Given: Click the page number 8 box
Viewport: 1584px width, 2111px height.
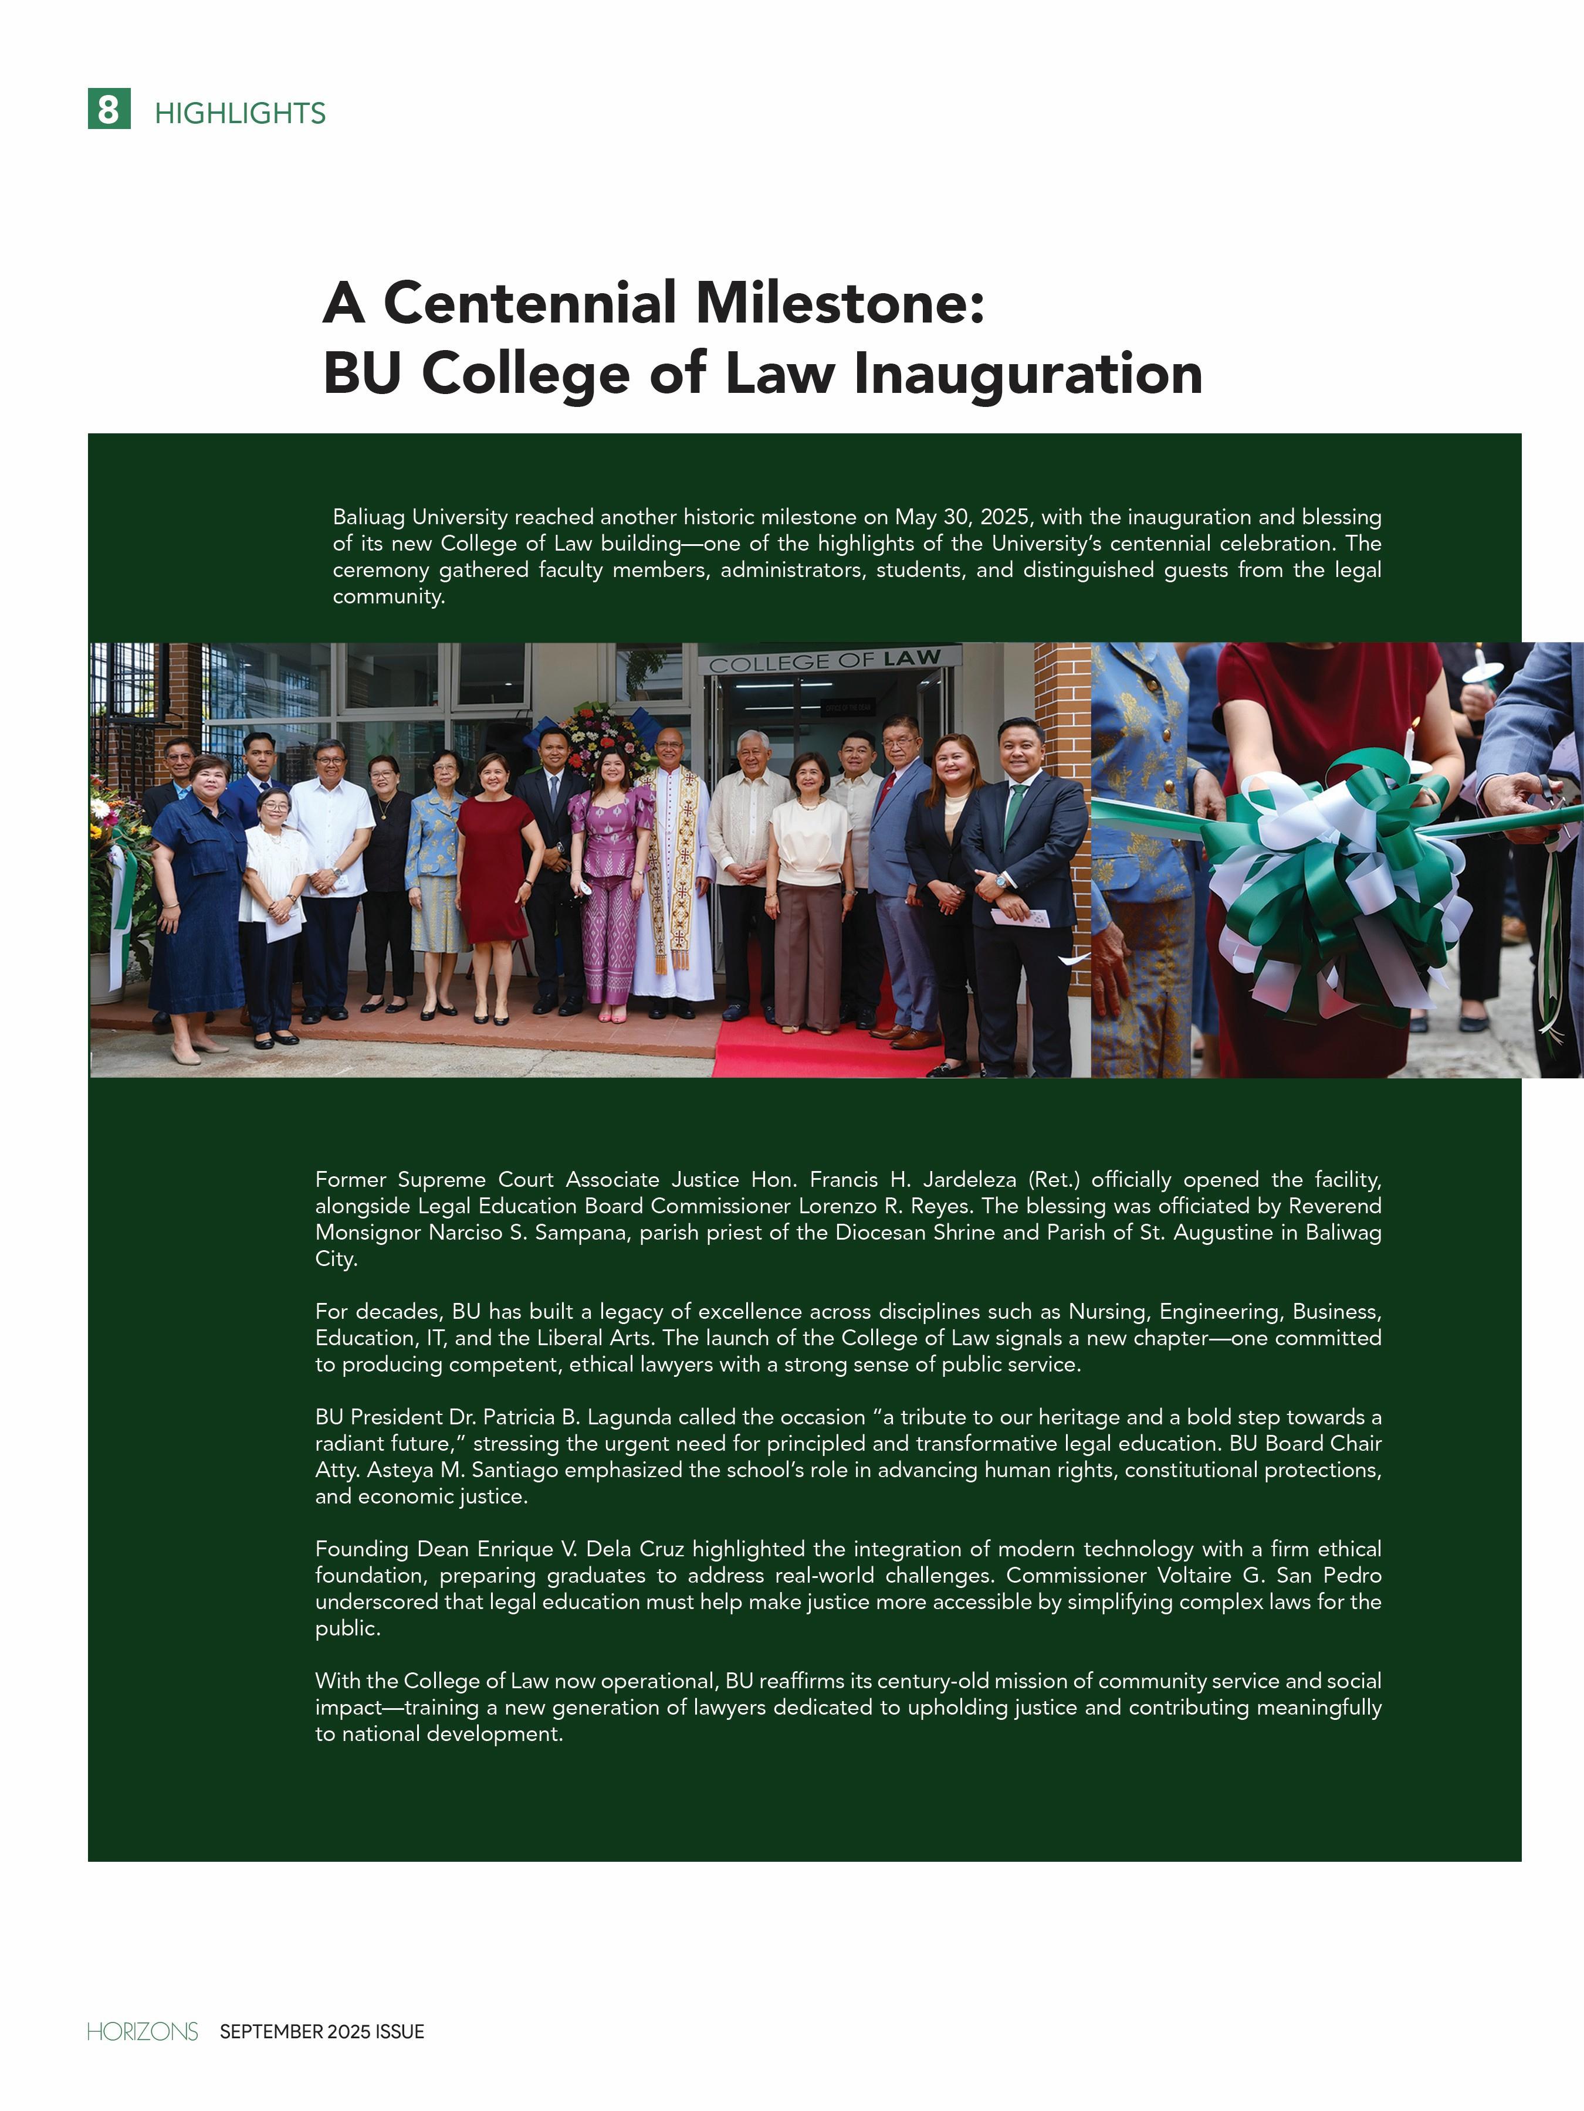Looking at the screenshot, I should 109,109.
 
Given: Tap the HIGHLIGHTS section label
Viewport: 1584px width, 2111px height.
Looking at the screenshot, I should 239,114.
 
